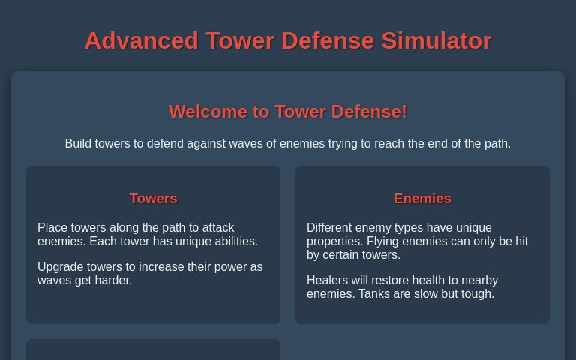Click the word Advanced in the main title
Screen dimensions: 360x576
click(141, 40)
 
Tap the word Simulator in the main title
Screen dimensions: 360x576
click(436, 40)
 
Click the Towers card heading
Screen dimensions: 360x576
click(153, 199)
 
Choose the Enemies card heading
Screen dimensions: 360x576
click(422, 199)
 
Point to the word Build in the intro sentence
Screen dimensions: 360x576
click(78, 144)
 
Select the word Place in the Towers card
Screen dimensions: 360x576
click(52, 228)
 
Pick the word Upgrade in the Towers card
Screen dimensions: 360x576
click(60, 267)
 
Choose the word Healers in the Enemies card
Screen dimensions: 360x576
click(328, 280)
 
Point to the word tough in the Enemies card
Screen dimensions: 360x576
click(478, 294)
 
